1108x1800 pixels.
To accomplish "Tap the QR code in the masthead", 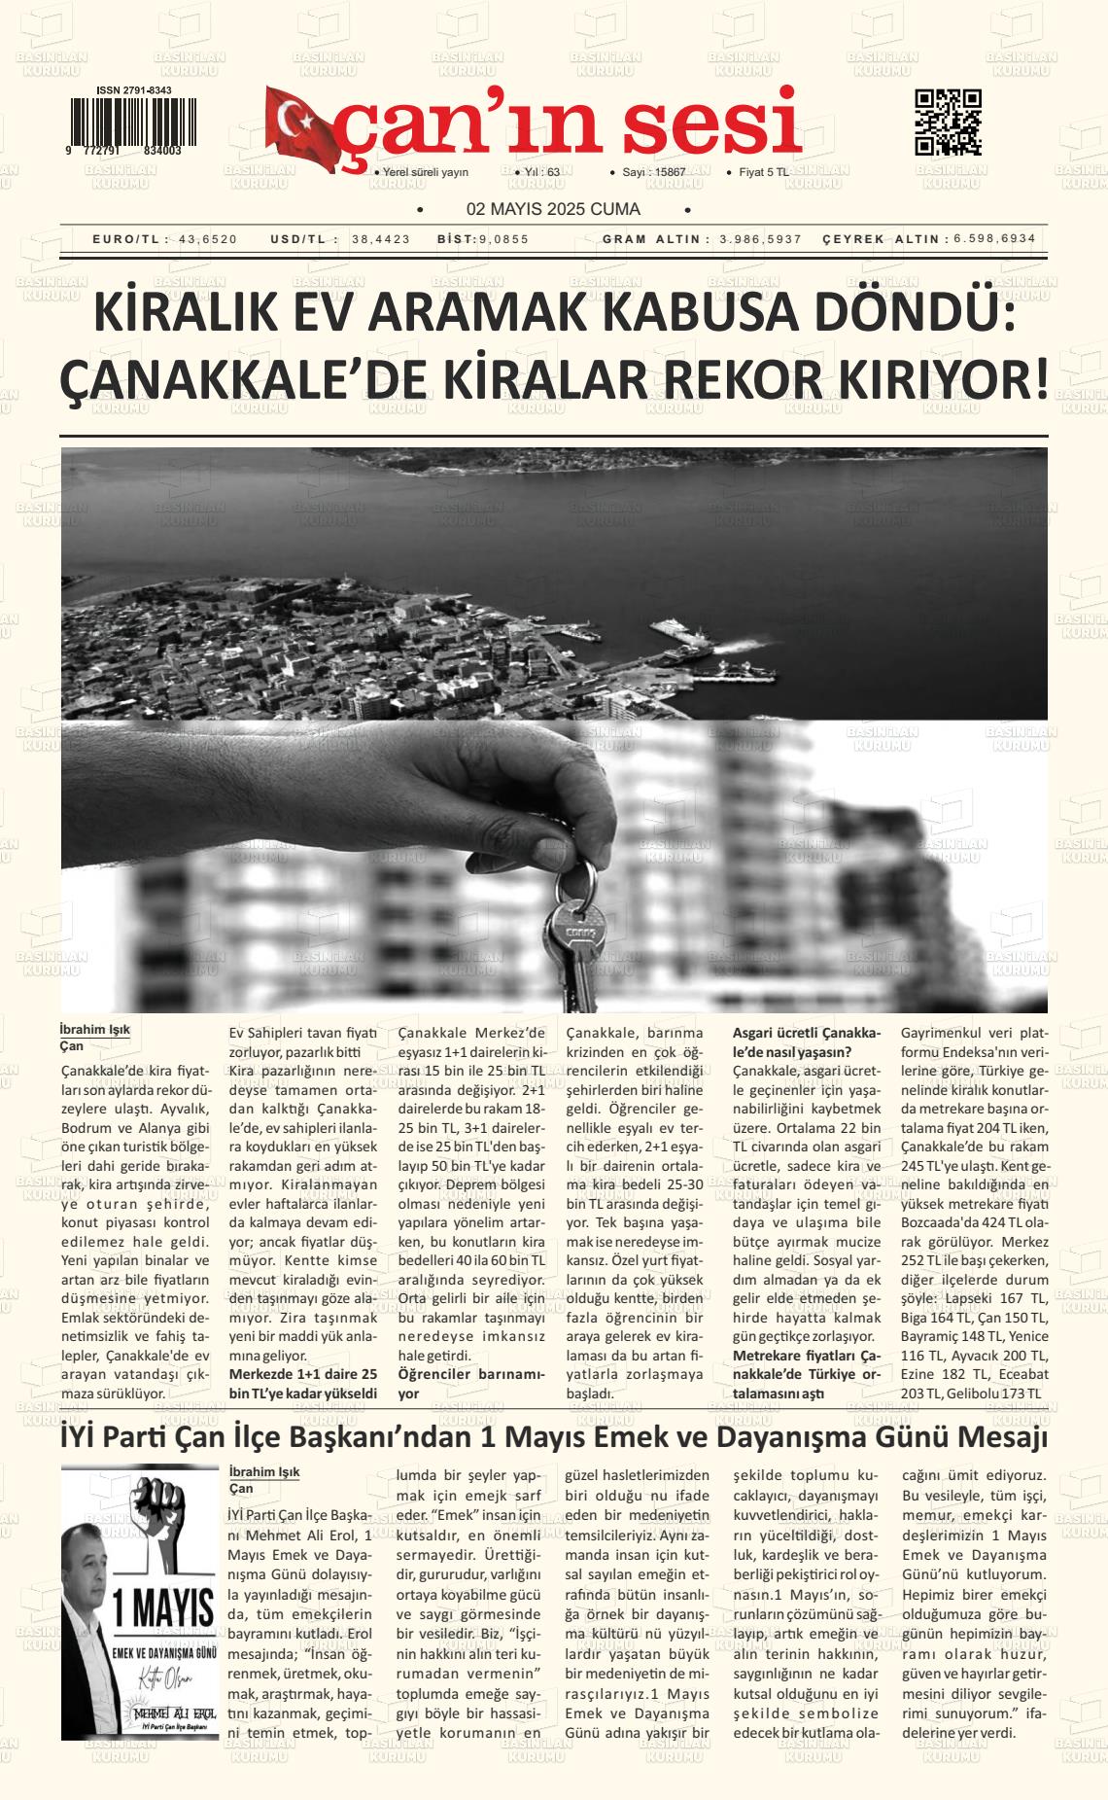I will point(948,123).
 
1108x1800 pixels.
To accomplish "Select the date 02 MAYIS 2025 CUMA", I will point(553,209).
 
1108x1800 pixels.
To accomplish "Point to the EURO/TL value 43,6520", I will point(208,239).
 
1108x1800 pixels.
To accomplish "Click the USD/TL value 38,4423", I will point(381,239).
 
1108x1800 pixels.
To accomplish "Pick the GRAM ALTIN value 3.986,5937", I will point(761,239).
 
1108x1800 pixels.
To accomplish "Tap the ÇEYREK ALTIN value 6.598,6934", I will point(994,239).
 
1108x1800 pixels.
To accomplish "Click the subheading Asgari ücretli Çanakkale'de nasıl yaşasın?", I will point(806,1041).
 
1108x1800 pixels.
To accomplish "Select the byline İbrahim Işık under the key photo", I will point(94,1029).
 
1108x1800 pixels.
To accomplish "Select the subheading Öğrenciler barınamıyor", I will point(471,1383).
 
